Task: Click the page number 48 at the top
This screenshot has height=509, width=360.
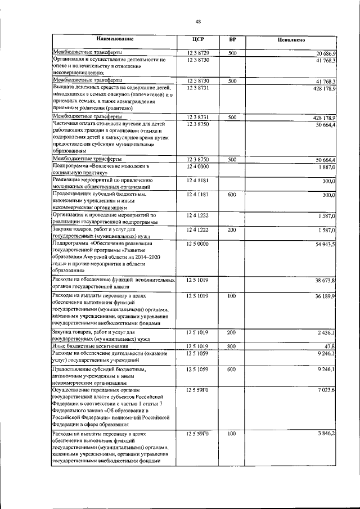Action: (198, 21)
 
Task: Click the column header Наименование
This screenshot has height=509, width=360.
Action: (115, 40)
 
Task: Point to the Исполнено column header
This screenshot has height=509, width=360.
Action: (291, 40)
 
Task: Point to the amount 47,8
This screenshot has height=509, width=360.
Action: (330, 346)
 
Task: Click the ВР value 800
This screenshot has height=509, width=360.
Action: (231, 346)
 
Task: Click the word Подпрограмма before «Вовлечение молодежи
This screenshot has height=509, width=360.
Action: (71, 166)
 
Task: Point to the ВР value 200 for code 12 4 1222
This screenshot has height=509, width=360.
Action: (231, 230)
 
